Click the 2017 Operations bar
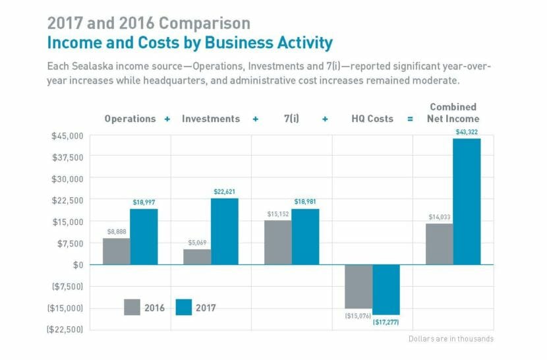click(144, 237)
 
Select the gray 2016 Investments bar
click(197, 256)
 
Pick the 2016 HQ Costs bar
click(359, 286)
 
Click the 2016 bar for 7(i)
click(277, 242)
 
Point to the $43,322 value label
click(467, 132)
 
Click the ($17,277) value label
click(386, 322)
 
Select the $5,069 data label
click(197, 243)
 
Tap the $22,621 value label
click(225, 192)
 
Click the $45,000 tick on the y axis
click(67, 136)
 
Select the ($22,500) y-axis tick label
click(65, 329)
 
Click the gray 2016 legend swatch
click(132, 307)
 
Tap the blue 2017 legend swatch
click(184, 307)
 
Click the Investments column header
click(211, 119)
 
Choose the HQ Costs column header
click(372, 119)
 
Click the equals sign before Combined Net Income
click(410, 119)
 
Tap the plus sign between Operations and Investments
click(167, 119)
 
